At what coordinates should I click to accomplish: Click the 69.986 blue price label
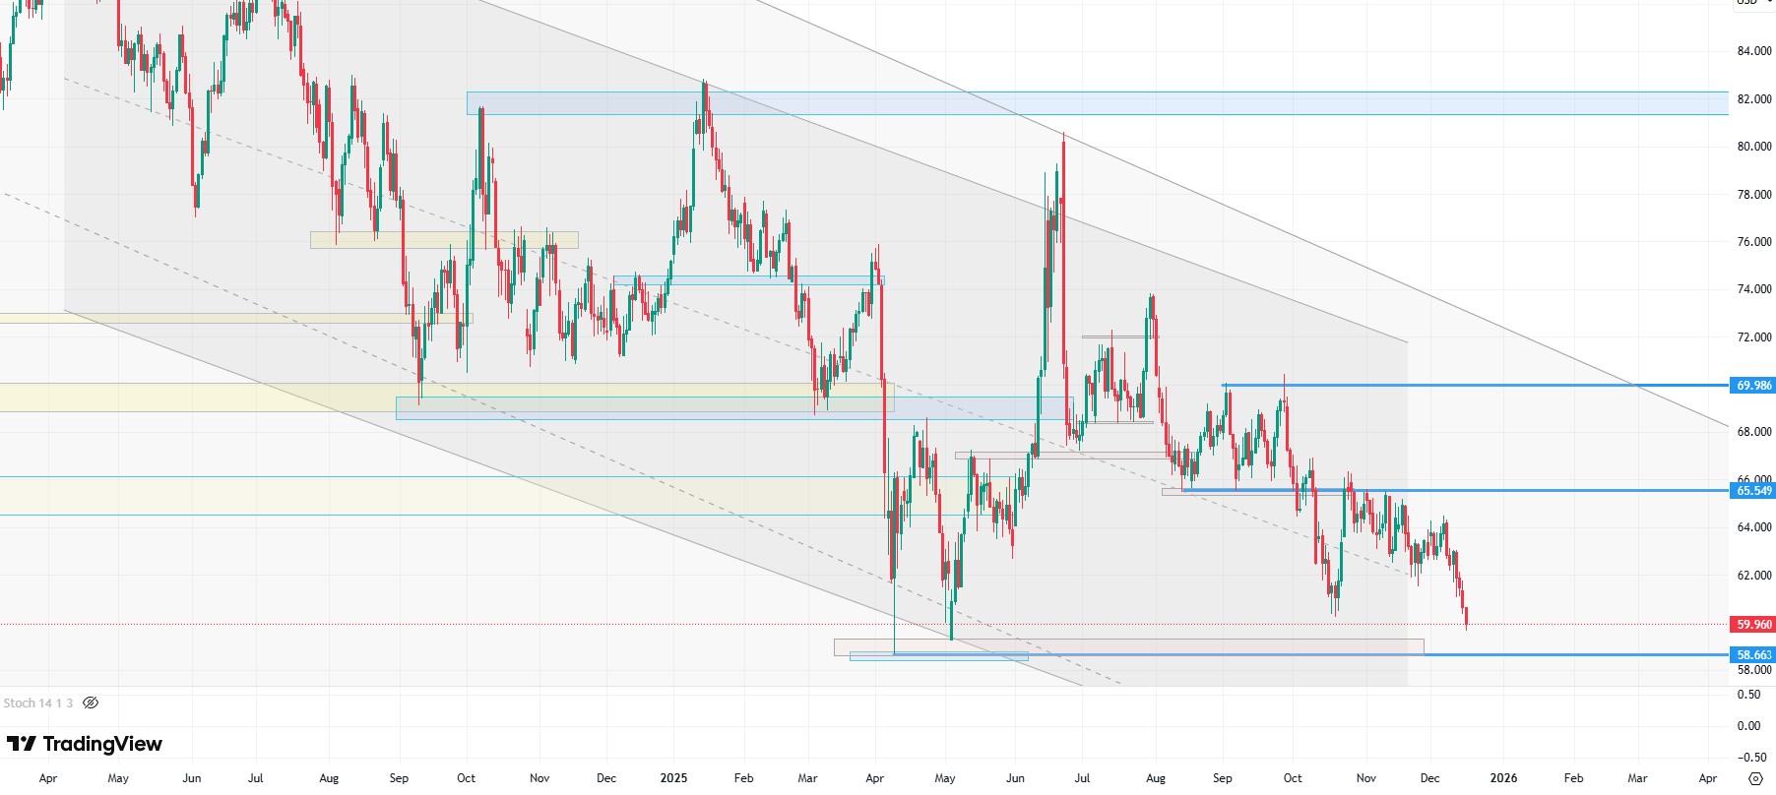(x=1753, y=386)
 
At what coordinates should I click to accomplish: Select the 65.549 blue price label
(x=1753, y=491)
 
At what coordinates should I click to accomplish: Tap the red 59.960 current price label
(x=1753, y=625)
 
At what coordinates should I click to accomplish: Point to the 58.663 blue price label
(x=1753, y=655)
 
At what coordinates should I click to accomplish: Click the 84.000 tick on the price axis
(x=1754, y=51)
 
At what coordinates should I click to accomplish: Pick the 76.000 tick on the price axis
(x=1754, y=242)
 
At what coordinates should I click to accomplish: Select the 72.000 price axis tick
(x=1754, y=337)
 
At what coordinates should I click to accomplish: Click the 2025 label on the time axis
(x=673, y=778)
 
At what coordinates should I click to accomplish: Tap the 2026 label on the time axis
(x=1503, y=778)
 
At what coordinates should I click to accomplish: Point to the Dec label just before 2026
(x=1429, y=778)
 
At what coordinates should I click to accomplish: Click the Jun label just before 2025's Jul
(x=1015, y=778)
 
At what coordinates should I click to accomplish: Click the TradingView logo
(x=85, y=744)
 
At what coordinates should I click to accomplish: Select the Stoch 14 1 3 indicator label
(x=38, y=703)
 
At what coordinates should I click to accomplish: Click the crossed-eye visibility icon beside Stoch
(x=91, y=703)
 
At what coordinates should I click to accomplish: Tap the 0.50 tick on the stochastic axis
(x=1749, y=695)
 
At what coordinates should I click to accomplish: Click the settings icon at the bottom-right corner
(x=1755, y=778)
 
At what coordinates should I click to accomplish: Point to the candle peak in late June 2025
(x=1063, y=134)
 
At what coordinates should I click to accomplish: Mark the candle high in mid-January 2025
(x=704, y=84)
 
